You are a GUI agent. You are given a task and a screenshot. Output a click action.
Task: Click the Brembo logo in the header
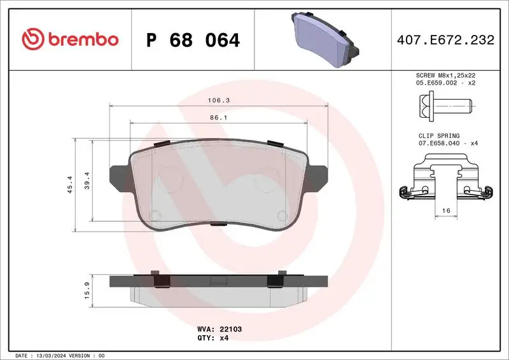(x=70, y=39)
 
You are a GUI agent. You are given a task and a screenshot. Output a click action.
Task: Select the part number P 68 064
(x=193, y=40)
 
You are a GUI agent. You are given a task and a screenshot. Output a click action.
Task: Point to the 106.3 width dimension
(x=218, y=100)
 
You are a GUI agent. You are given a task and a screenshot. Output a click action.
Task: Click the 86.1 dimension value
(x=218, y=118)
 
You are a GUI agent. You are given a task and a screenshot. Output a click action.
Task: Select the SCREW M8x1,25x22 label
(x=445, y=75)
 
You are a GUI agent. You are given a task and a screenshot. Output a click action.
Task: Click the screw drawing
(x=445, y=104)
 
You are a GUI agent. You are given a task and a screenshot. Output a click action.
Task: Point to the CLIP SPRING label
(x=438, y=135)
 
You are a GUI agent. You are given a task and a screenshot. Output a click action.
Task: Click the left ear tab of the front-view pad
(x=120, y=177)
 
